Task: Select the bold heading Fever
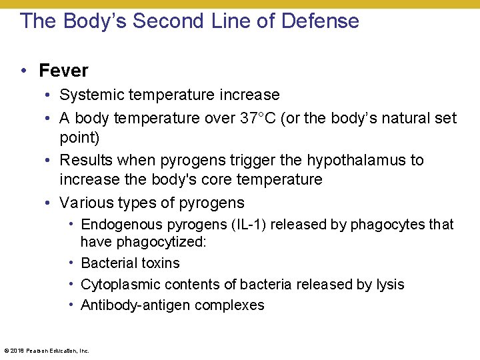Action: point(63,70)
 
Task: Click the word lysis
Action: point(389,285)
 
